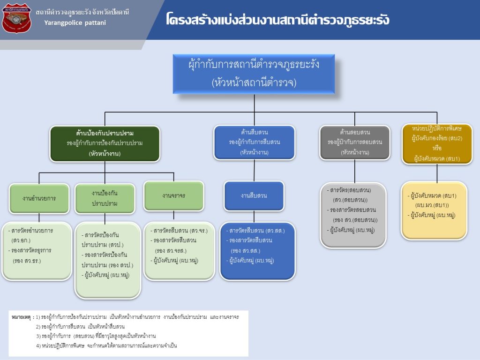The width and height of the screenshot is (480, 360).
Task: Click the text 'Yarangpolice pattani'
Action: (75, 22)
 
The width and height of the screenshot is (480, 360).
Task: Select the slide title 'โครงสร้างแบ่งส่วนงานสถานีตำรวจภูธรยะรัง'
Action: (277, 20)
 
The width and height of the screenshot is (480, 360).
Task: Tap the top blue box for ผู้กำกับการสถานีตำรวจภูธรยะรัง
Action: (254, 74)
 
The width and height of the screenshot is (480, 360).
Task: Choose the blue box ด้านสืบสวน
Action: (255, 142)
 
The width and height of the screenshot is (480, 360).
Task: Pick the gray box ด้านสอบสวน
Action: (355, 142)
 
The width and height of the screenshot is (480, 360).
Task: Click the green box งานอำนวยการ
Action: (39, 198)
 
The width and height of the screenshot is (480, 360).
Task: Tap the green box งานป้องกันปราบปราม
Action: (105, 198)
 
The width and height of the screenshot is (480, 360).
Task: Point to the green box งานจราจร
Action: (174, 195)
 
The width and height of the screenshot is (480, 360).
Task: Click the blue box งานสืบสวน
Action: (254, 195)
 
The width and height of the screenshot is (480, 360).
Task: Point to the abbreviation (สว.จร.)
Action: (199, 231)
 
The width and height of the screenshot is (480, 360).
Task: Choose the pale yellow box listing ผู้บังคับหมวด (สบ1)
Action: (434, 210)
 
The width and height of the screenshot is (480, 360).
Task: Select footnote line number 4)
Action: (39, 345)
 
